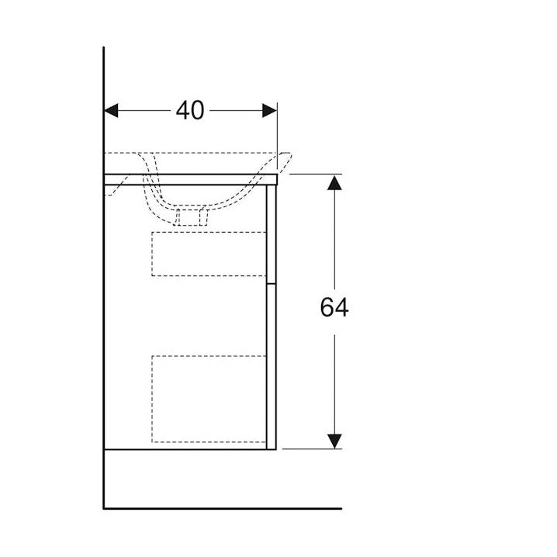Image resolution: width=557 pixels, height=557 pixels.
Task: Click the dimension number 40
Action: pyautogui.click(x=190, y=110)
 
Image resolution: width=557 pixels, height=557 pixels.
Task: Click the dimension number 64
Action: pyautogui.click(x=334, y=307)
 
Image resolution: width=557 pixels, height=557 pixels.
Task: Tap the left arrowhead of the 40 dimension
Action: pyautogui.click(x=111, y=110)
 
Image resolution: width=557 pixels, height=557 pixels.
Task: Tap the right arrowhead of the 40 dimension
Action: pyautogui.click(x=270, y=110)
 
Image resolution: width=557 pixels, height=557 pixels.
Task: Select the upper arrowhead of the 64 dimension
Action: pyautogui.click(x=334, y=182)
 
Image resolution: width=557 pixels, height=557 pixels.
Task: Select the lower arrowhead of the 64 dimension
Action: pyautogui.click(x=334, y=441)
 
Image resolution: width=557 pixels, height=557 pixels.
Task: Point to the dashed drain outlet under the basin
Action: pyautogui.click(x=190, y=217)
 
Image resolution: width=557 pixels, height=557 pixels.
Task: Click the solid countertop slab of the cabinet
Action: pyautogui.click(x=190, y=180)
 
